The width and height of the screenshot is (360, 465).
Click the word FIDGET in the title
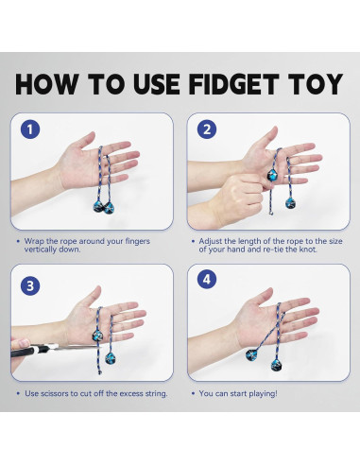pos(233,84)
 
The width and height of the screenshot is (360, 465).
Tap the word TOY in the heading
pos(316,84)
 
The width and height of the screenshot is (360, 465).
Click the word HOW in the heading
pos(46,84)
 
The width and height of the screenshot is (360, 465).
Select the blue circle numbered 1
pos(30,129)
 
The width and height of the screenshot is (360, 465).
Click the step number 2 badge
pos(207,129)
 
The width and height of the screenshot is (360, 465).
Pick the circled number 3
pos(30,285)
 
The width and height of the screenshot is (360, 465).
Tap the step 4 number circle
pos(207,279)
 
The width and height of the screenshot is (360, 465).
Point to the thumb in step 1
pos(84,141)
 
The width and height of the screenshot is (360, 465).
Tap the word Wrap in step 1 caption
pos(34,241)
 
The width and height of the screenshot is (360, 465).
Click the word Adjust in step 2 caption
pos(211,241)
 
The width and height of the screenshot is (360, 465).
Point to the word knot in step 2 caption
pos(309,250)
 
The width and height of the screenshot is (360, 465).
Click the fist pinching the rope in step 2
pos(238,196)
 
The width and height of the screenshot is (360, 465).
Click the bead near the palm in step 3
pos(96,336)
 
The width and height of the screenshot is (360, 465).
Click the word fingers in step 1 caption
pos(138,241)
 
